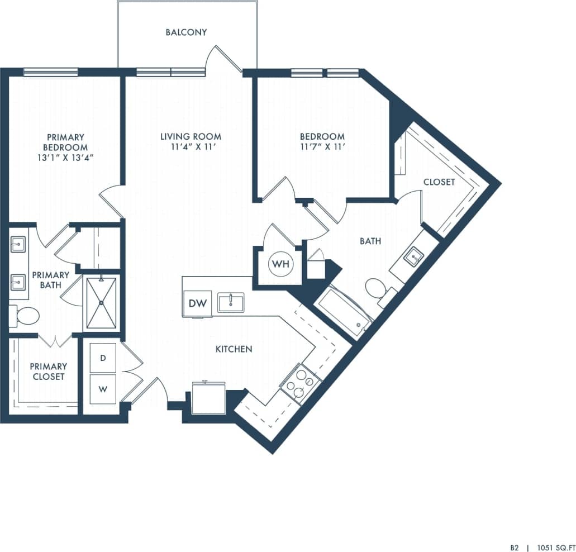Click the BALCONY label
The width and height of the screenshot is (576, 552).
(x=186, y=32)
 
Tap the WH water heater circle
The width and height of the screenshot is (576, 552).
(x=281, y=264)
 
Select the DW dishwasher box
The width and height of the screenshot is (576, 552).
(x=197, y=303)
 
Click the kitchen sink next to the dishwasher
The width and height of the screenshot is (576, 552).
(x=230, y=303)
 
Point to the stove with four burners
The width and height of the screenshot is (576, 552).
(x=301, y=383)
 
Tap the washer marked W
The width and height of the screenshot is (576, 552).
(x=103, y=389)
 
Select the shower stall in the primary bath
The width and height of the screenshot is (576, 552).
(x=101, y=303)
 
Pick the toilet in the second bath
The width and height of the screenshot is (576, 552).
(x=376, y=289)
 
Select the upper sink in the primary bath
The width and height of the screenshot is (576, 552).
(x=18, y=245)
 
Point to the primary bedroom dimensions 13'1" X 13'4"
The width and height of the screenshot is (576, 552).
(x=65, y=158)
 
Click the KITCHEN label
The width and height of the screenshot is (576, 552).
(x=234, y=349)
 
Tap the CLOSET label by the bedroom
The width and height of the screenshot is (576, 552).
(x=439, y=182)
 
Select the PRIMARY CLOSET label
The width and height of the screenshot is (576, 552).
(x=48, y=372)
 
